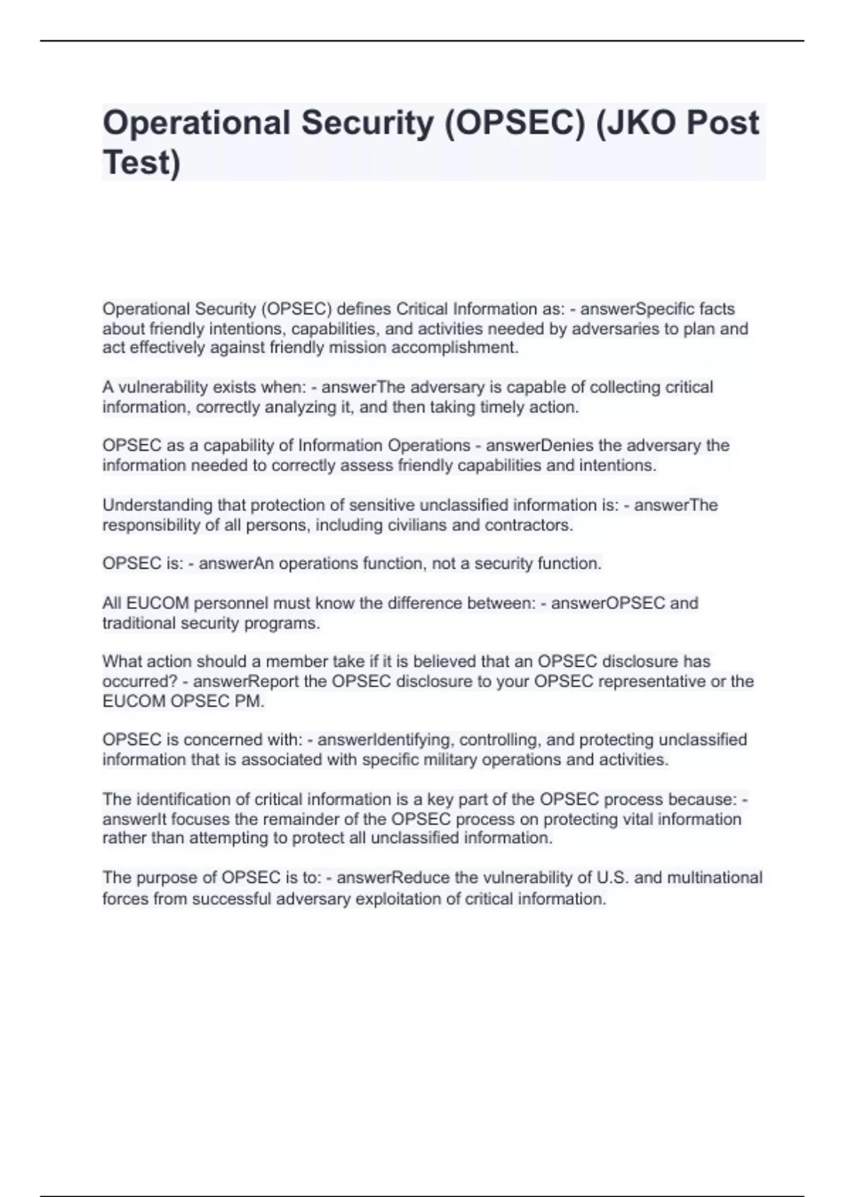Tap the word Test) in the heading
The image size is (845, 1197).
142,163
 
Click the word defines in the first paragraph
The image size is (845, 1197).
365,309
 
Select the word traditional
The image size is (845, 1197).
139,623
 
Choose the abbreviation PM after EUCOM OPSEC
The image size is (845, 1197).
250,701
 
